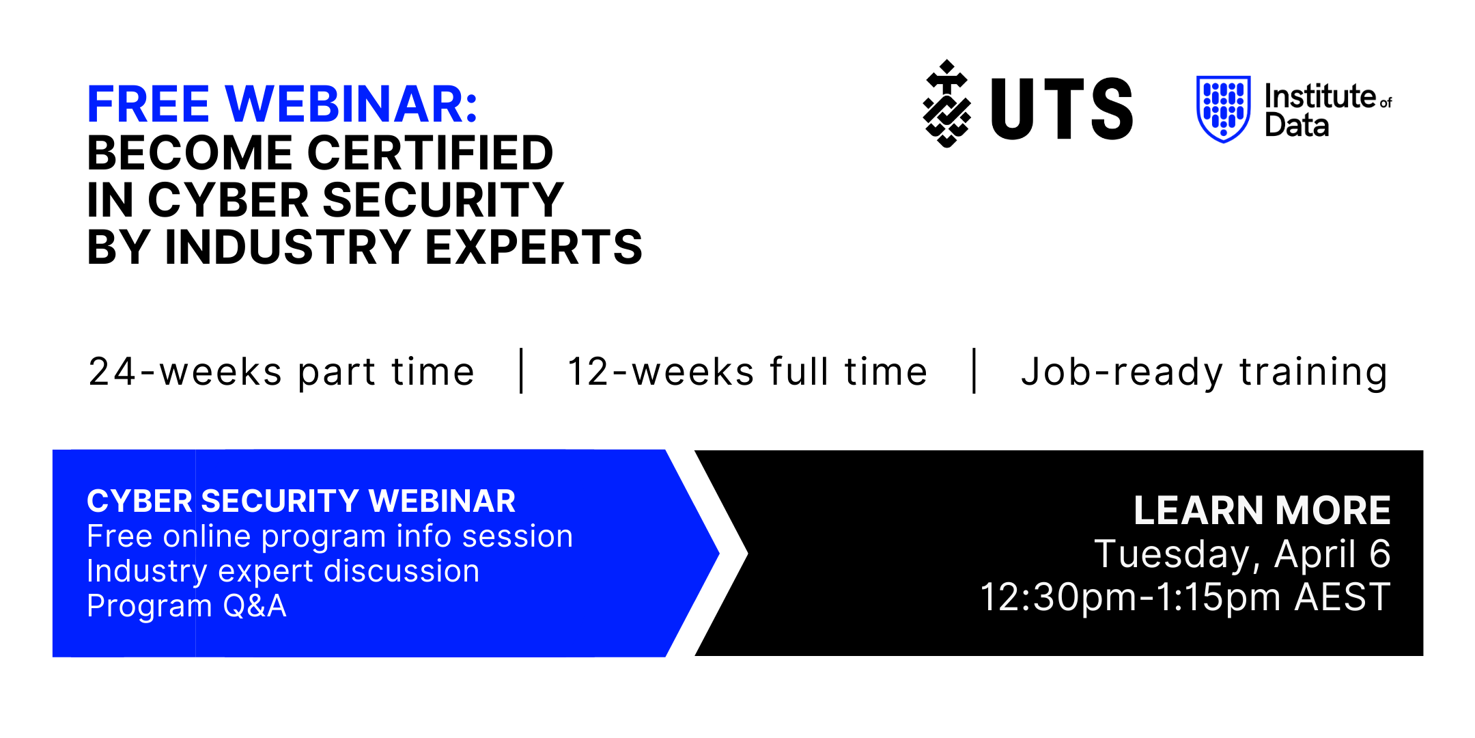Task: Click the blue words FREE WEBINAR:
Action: (x=282, y=104)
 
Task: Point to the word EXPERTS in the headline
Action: (x=534, y=247)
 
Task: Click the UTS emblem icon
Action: (x=946, y=104)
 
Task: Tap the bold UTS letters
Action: (x=1062, y=108)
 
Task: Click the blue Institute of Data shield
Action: (x=1224, y=109)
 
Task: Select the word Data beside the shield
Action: (x=1297, y=126)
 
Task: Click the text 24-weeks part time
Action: (x=281, y=372)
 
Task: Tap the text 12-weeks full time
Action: (x=747, y=372)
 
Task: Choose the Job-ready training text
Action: (x=1205, y=373)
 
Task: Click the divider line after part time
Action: (x=522, y=371)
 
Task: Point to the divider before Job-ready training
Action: (x=974, y=371)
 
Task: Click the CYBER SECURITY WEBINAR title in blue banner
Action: (x=301, y=502)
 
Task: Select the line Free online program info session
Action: (x=330, y=536)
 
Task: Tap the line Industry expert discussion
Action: (x=283, y=572)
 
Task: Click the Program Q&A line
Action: (x=186, y=606)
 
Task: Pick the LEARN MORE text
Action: (x=1262, y=510)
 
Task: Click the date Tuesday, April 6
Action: (x=1242, y=554)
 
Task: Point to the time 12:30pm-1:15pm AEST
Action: (x=1185, y=598)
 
